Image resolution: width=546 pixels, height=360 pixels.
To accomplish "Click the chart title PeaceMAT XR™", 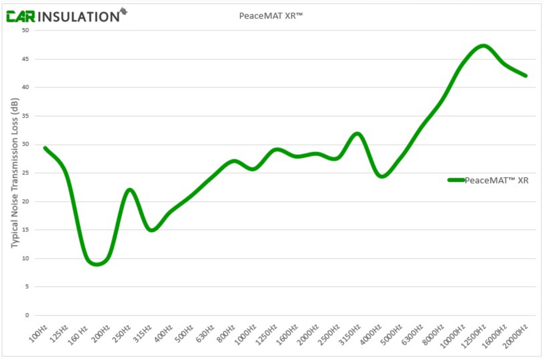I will click(x=271, y=16).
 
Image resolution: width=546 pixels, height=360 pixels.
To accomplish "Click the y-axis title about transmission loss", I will click(x=15, y=173).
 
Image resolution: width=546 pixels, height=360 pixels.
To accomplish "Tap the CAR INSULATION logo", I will click(x=67, y=16).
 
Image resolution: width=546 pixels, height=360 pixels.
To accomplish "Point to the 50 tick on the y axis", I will click(x=25, y=30).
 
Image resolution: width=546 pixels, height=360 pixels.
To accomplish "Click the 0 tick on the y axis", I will click(x=27, y=315).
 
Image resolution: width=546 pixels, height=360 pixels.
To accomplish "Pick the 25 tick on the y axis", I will click(x=25, y=173).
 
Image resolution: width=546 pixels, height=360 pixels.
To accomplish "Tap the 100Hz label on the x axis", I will click(x=39, y=334).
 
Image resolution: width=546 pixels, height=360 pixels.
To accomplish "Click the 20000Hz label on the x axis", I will click(x=515, y=336).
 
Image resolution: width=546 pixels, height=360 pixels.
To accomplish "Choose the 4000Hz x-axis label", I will click(x=371, y=335).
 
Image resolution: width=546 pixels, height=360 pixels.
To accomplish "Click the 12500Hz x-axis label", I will click(x=474, y=336).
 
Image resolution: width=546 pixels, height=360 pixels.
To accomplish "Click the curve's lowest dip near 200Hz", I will click(x=97, y=264).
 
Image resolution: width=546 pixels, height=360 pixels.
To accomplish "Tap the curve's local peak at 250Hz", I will click(x=130, y=190).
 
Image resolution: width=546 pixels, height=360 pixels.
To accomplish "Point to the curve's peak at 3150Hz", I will click(x=357, y=134).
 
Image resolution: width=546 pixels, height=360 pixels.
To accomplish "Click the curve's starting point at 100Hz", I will click(x=45, y=148).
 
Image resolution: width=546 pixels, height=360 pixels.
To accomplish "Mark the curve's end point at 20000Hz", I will click(x=525, y=76).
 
